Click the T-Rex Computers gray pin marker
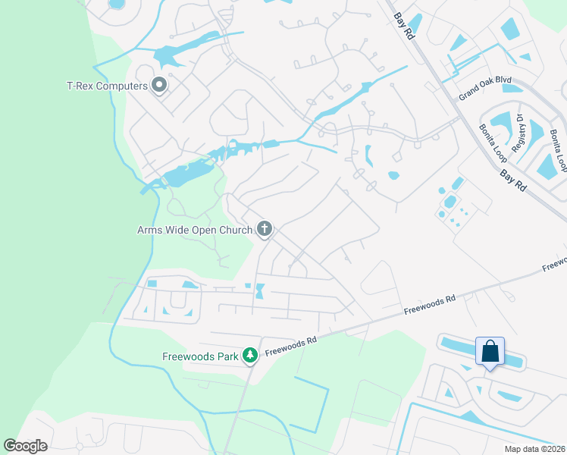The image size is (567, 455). pos(159,85)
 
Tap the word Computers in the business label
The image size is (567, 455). pos(121,86)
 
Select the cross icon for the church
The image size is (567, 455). pos(265,228)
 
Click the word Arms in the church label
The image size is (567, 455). pos(151,229)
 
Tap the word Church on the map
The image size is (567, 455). pos(233,229)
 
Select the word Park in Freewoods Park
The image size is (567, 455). pos(225,356)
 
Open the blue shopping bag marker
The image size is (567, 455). pos(490,352)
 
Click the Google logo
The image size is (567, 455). pos(25,445)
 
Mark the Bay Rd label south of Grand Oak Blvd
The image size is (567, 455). pos(512,180)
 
